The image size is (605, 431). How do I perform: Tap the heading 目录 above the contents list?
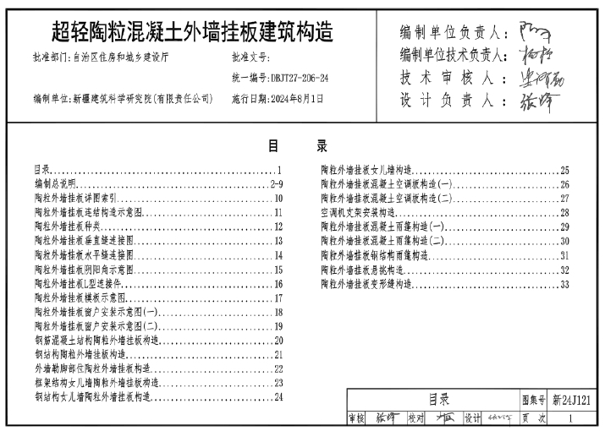[302, 145]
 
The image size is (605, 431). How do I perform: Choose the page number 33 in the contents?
[564, 284]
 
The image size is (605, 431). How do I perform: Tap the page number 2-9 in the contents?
[276, 183]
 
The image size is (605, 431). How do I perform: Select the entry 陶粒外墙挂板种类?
[67, 226]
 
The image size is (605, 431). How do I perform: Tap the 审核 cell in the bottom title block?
[355, 417]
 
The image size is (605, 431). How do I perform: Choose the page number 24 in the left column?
[278, 399]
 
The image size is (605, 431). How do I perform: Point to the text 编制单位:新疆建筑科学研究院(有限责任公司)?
[124, 99]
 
